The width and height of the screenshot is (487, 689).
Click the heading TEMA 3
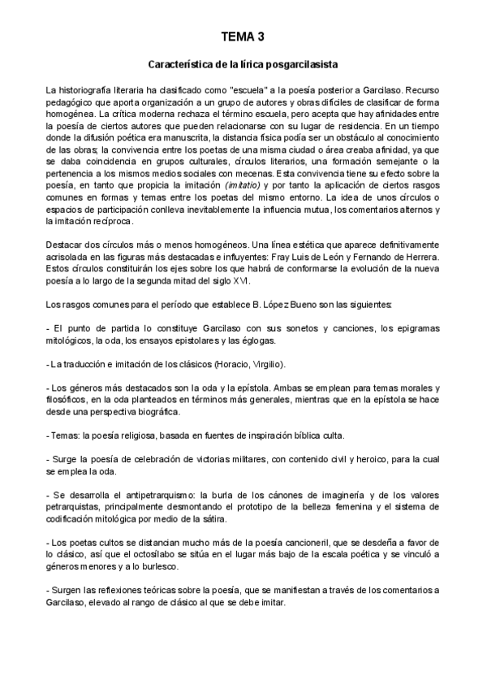click(243, 37)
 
